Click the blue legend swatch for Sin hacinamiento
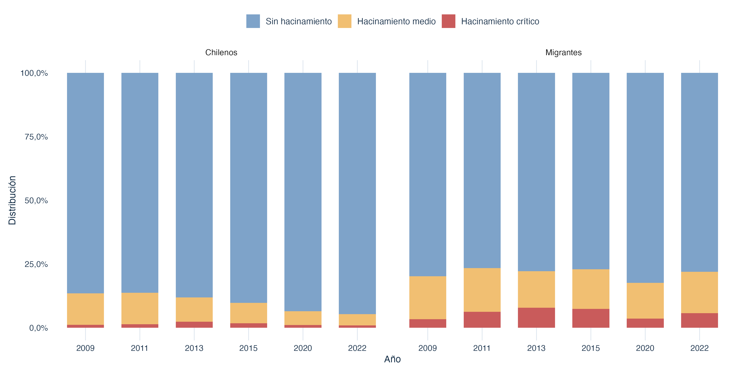pos(253,21)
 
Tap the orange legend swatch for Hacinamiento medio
pos(344,21)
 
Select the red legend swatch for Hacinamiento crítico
pos(448,21)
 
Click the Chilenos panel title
pos(221,52)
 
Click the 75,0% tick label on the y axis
pos(36,137)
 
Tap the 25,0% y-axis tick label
pos(36,264)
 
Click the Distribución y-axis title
pos(12,200)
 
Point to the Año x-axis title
pos(392,359)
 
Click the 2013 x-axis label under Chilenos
pos(194,348)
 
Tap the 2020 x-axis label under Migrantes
pos(645,348)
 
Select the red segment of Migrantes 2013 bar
pos(536,318)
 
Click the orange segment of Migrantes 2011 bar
pos(482,290)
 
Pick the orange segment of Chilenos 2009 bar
pos(85,309)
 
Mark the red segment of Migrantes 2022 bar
pos(699,320)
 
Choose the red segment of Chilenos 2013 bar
pos(194,325)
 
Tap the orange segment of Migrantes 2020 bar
pos(645,301)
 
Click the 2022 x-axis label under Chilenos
pos(357,348)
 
